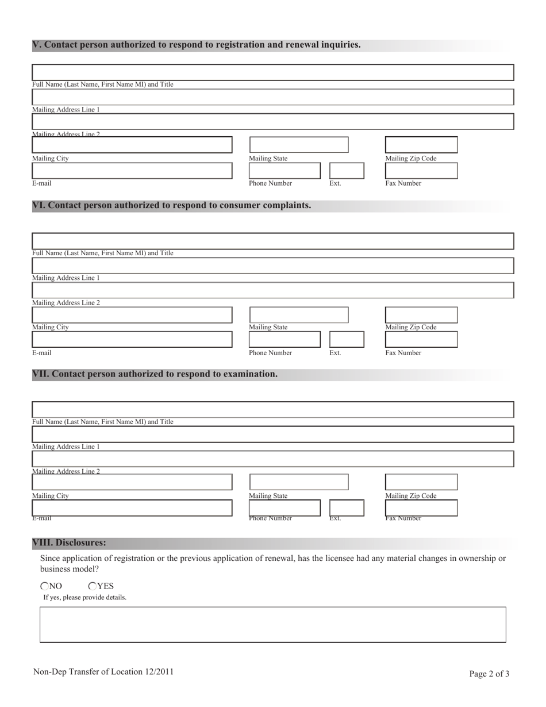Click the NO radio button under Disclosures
pyautogui.click(x=45, y=586)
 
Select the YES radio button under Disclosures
pyautogui.click(x=93, y=586)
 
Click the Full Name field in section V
pyautogui.click(x=272, y=72)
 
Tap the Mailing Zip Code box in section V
pyautogui.click(x=421, y=145)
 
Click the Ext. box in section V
pyautogui.click(x=347, y=171)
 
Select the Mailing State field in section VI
pyautogui.click(x=298, y=315)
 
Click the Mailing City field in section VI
pyautogui.click(x=132, y=315)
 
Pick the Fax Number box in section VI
pyautogui.click(x=421, y=340)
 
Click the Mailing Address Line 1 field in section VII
pyautogui.click(x=272, y=435)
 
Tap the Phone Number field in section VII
pyautogui.click(x=284, y=508)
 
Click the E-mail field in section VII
pyautogui.click(x=132, y=508)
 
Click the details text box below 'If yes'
pyautogui.click(x=272, y=624)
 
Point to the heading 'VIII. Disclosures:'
pyautogui.click(x=69, y=543)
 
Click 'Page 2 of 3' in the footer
pyautogui.click(x=489, y=674)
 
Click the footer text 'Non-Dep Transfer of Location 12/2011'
pyautogui.click(x=103, y=671)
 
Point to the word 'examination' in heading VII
pyautogui.click(x=249, y=374)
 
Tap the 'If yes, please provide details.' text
pyautogui.click(x=85, y=598)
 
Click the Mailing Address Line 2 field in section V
pyautogui.click(x=272, y=122)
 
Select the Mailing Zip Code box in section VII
pyautogui.click(x=421, y=482)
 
